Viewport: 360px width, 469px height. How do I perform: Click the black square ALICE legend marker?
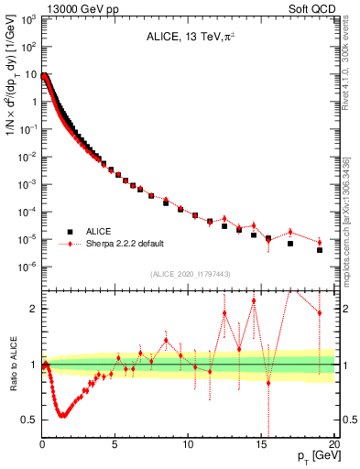coord(68,232)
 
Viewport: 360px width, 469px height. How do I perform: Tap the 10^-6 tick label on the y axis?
coord(27,267)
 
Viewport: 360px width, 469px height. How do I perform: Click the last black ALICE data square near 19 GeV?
coord(319,250)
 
